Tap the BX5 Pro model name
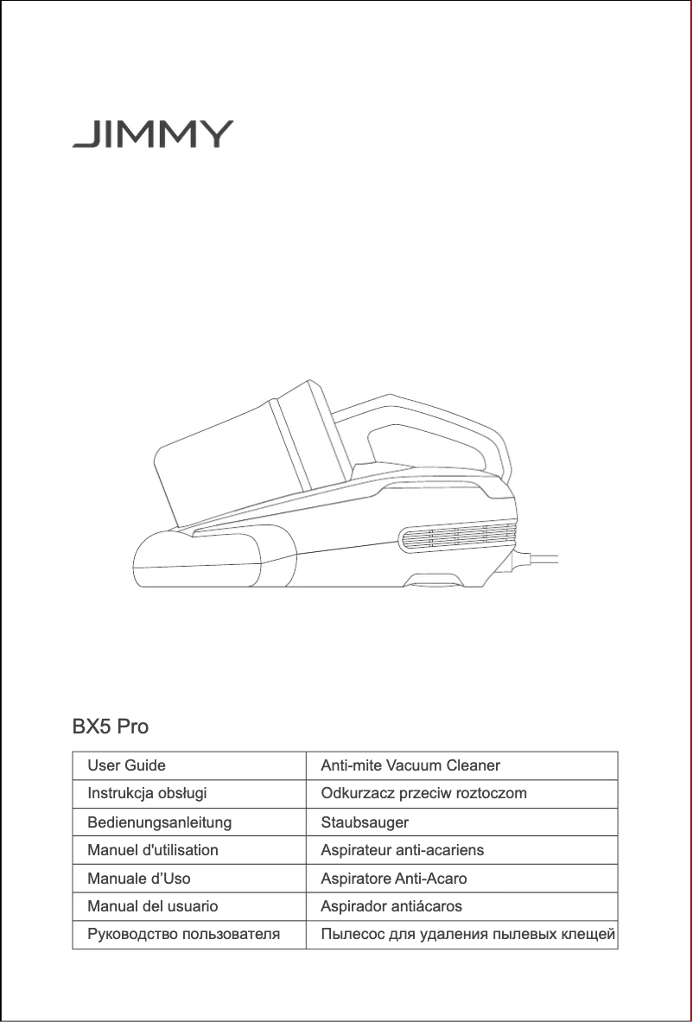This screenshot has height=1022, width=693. coord(110,727)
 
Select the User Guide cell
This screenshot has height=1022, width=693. coord(126,765)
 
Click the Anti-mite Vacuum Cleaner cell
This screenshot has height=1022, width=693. coord(410,765)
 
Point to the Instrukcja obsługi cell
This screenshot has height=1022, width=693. coord(147,793)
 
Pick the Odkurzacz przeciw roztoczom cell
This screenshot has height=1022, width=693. coord(423,793)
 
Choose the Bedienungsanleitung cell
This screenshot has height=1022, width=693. coord(159,822)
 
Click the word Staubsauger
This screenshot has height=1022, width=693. coord(365,822)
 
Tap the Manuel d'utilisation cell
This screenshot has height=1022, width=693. coord(153,850)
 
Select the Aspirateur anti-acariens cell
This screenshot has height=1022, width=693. coord(403,850)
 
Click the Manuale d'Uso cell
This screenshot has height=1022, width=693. coord(139,879)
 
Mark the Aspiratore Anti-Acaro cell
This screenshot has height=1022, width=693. coord(394,879)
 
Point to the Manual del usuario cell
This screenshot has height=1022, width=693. coord(153,907)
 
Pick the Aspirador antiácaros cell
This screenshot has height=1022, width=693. coord(391,907)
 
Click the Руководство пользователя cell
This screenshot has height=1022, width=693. coord(183,935)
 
